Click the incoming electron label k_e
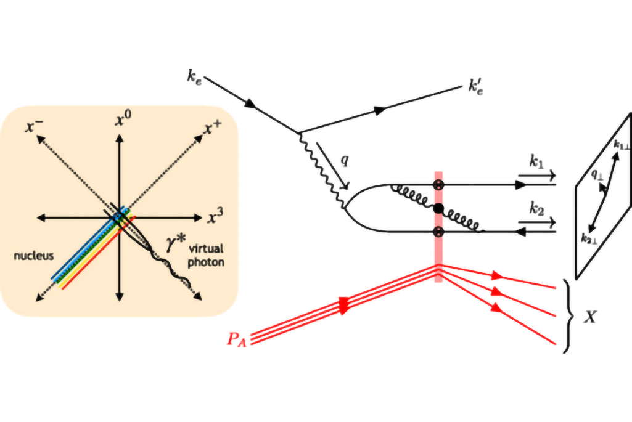[x=194, y=76]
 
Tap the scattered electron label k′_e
[x=475, y=87]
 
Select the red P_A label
[x=237, y=339]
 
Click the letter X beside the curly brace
[x=590, y=317]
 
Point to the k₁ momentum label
[x=536, y=162]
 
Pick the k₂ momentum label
[x=536, y=209]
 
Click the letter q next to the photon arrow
[x=344, y=161]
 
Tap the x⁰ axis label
[x=123, y=118]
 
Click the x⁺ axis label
[x=212, y=128]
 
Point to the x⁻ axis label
[x=33, y=126]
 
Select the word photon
[x=206, y=262]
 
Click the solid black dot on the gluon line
[x=438, y=209]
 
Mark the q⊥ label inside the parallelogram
[x=597, y=174]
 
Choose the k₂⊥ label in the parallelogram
[x=588, y=239]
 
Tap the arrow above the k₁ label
[x=537, y=176]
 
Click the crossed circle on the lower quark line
[x=438, y=232]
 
